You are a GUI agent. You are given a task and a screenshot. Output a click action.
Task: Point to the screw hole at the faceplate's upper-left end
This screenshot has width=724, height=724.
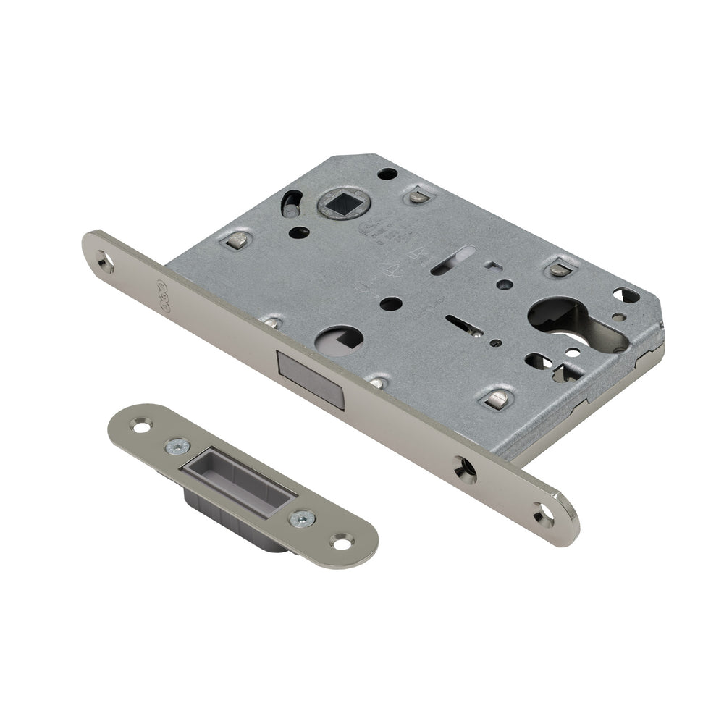click(x=106, y=261)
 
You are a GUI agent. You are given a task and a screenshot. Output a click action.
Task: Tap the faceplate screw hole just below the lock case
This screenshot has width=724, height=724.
click(x=464, y=468)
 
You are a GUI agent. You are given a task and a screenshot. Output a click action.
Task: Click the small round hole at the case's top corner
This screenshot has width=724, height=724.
click(x=388, y=174)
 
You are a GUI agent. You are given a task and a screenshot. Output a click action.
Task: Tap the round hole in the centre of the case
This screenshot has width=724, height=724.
click(x=390, y=303)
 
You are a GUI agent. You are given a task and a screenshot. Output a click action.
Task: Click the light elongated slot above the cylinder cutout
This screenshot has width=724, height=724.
click(x=452, y=261)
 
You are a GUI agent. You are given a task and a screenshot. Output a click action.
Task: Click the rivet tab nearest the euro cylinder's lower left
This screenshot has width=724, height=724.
click(x=497, y=397)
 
